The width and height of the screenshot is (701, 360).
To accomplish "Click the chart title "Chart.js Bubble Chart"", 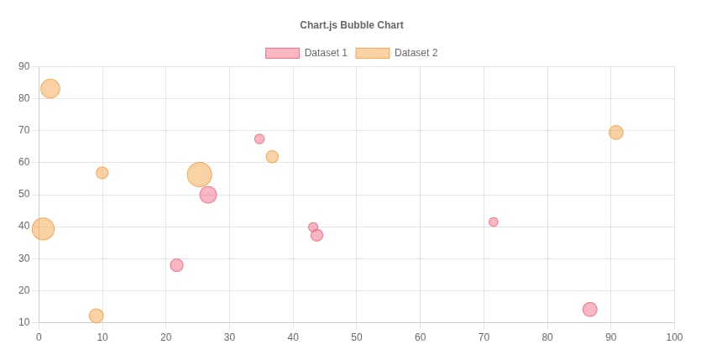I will tap(351, 25).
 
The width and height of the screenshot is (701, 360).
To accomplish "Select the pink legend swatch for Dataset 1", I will tap(282, 53).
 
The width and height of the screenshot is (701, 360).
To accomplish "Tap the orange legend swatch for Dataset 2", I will tap(372, 53).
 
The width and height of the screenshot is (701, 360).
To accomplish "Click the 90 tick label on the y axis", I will tap(24, 66).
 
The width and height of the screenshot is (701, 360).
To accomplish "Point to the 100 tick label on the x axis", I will tap(673, 337).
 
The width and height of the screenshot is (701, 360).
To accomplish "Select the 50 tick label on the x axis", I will tap(356, 337).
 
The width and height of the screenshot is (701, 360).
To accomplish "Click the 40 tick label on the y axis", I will tap(24, 226).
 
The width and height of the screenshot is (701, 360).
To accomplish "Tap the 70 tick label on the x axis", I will tap(484, 337).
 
